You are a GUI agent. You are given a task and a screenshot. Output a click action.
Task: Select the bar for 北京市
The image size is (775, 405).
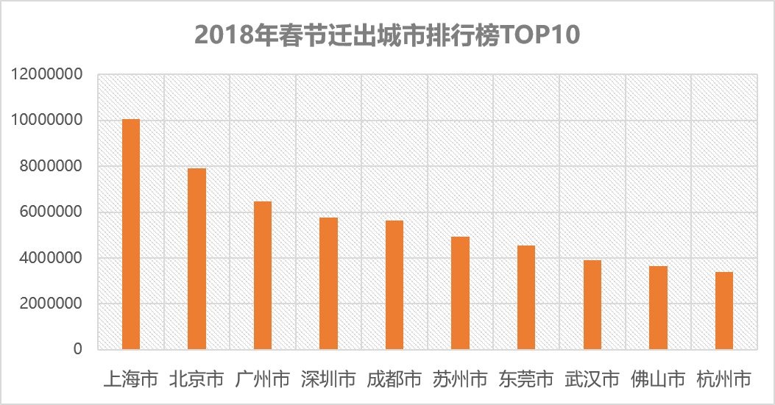197,259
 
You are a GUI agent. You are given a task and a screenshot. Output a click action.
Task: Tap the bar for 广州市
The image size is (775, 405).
263,275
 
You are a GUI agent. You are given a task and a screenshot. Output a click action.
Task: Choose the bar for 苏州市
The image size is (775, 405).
460,293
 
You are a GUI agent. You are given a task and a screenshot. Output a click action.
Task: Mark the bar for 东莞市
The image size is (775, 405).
526,297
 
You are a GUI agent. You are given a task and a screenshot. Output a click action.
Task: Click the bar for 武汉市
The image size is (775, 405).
592,304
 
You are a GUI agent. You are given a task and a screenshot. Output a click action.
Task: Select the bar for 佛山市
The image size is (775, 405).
658,307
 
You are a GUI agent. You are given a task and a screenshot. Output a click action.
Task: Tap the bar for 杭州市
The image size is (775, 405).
723,310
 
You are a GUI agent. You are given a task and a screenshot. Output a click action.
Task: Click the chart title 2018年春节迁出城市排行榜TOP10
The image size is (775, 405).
387,34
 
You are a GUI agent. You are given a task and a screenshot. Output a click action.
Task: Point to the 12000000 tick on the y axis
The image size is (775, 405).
46,74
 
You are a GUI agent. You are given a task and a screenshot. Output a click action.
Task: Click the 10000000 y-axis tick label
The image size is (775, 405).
46,121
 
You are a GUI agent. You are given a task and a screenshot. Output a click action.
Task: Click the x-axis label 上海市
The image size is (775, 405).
130,379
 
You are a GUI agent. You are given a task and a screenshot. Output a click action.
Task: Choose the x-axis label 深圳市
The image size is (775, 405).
328,379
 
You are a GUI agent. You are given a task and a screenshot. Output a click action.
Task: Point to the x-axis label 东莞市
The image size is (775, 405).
526,379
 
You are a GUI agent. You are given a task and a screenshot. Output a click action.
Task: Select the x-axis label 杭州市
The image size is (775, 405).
723,379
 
